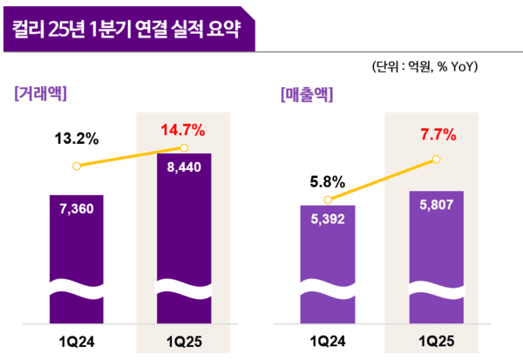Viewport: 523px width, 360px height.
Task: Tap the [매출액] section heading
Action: [308, 93]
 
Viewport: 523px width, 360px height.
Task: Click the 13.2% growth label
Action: [78, 139]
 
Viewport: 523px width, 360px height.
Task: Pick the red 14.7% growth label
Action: [182, 131]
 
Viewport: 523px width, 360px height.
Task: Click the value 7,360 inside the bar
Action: [78, 209]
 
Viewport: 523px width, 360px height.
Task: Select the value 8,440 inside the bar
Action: [182, 171]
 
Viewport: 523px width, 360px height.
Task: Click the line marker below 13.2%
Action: [78, 166]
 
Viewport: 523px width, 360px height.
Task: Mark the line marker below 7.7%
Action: [437, 160]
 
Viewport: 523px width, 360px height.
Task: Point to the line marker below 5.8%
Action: [328, 200]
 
